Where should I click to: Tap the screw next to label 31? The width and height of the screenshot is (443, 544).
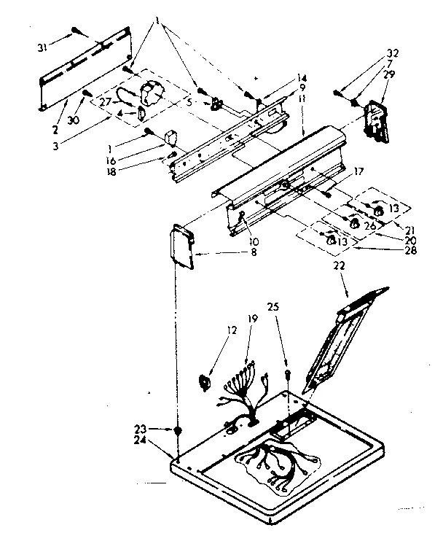point(77,31)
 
